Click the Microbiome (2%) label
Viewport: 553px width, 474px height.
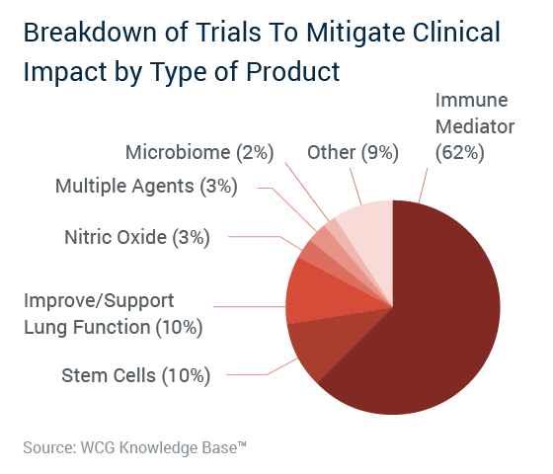(x=199, y=153)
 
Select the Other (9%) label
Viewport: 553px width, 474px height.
(x=354, y=153)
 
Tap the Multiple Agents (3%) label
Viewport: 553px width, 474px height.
(x=146, y=187)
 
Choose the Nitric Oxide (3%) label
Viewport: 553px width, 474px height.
(x=137, y=237)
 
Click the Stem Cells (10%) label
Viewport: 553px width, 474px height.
(x=136, y=375)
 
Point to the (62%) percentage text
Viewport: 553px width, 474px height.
(x=460, y=153)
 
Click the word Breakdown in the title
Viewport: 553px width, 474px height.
(x=90, y=33)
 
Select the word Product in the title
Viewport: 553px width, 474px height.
(x=292, y=72)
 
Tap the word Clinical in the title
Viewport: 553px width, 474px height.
(x=456, y=33)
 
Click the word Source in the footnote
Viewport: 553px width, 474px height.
(x=49, y=448)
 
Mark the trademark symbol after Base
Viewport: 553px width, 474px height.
(x=242, y=443)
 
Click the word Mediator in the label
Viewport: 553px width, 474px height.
(x=475, y=126)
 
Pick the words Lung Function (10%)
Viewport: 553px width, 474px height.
(x=114, y=328)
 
